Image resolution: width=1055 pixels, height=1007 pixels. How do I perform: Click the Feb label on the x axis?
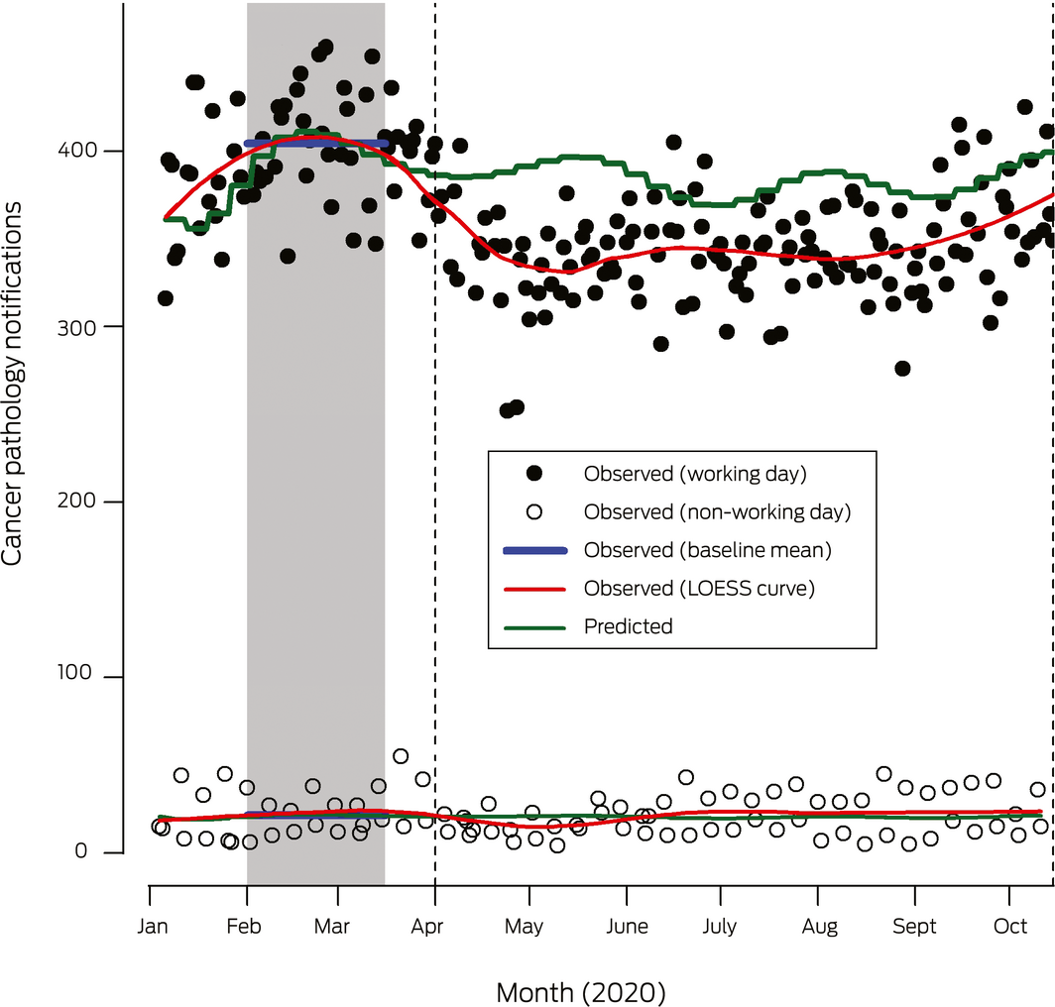245,927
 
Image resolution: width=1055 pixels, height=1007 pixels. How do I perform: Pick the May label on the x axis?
524,927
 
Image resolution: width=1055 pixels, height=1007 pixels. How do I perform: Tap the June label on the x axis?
626,927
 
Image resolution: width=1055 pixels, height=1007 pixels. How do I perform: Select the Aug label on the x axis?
817,927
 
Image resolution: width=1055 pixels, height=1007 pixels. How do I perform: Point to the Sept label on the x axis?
914,927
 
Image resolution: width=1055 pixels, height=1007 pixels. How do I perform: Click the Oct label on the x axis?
1010,927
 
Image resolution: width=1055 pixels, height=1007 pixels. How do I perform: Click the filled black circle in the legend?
535,474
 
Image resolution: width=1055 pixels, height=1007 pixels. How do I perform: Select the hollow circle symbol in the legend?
535,512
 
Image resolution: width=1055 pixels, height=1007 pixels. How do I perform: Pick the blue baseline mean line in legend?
535,550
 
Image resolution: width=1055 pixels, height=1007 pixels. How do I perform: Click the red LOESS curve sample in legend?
535,589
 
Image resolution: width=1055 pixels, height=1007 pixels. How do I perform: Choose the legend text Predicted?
628,626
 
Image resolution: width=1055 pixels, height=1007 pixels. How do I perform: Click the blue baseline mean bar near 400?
315,144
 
